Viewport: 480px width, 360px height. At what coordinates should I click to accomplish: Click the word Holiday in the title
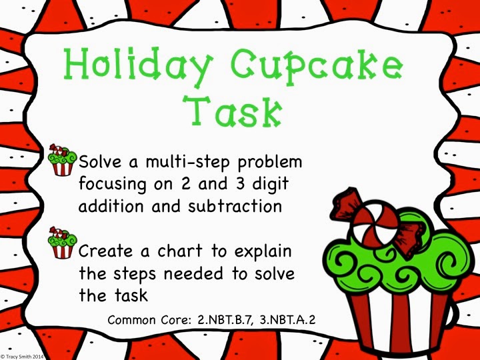point(139,65)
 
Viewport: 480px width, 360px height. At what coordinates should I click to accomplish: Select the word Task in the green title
point(233,111)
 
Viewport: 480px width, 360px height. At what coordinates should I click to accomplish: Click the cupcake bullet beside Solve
point(63,160)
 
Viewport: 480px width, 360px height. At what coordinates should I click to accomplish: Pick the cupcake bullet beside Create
point(63,243)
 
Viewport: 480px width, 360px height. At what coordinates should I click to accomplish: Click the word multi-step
point(188,162)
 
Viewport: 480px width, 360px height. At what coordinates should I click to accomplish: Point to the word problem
point(270,162)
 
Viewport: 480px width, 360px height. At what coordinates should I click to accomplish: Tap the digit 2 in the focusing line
point(185,184)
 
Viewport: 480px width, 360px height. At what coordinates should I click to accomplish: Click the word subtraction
point(235,206)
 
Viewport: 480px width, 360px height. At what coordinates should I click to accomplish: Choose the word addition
point(111,206)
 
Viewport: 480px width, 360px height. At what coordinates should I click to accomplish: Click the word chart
point(180,251)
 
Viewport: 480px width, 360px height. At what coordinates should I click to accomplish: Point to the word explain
point(263,251)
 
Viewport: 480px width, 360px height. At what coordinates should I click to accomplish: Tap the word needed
point(193,273)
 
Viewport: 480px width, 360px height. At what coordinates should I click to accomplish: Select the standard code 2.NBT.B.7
point(225,320)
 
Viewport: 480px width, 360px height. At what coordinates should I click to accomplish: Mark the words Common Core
point(149,320)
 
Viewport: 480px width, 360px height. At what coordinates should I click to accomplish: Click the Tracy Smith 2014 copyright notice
point(22,357)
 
